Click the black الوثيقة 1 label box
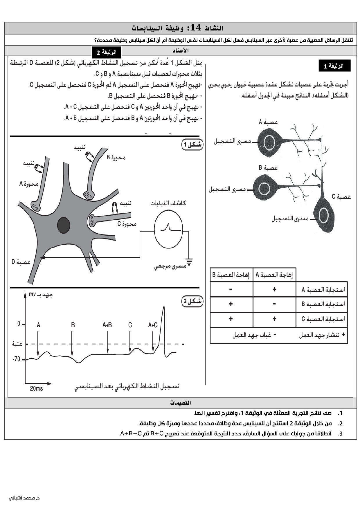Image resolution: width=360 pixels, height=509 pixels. pos(334,66)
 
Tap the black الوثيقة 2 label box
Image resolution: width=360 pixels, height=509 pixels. pos(107,53)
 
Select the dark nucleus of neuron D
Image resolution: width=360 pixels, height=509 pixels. pos(64,225)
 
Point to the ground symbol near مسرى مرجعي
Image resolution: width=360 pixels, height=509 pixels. pos(189,262)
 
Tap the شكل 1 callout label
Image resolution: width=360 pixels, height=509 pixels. pos(192,145)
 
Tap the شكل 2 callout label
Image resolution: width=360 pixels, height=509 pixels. pos(192,302)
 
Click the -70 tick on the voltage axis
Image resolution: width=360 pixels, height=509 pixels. pos(17,359)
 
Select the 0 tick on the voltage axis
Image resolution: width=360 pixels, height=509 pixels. pos(19,324)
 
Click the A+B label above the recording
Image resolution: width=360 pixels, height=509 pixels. pos(107,325)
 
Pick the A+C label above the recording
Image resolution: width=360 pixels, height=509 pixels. pos(153,325)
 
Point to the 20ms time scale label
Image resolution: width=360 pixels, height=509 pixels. pos(36,388)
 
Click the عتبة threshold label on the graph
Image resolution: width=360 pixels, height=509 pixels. pos(17,344)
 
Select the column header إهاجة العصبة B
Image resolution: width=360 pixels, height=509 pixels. pos(231,275)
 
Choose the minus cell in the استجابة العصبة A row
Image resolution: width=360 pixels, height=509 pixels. pos(231,289)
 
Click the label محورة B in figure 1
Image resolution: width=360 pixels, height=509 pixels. pos(116,158)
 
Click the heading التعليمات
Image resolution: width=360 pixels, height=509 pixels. pos(180,403)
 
